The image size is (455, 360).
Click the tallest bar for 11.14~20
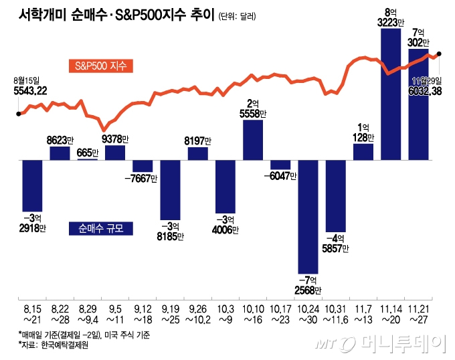[x=390, y=94]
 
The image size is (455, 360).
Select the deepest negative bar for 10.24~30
[x=308, y=214]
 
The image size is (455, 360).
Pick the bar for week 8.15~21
[x=32, y=184]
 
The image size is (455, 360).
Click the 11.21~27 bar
[x=418, y=104]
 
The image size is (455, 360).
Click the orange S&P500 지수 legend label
[x=100, y=66]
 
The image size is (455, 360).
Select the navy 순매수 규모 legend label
[x=101, y=228]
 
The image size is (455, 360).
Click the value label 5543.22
[x=29, y=91]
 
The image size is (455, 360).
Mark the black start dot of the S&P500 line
[x=18, y=114]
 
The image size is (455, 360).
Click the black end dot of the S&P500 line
[x=439, y=54]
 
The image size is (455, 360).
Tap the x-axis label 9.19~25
[x=170, y=315]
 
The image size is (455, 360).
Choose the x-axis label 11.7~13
[x=363, y=315]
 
